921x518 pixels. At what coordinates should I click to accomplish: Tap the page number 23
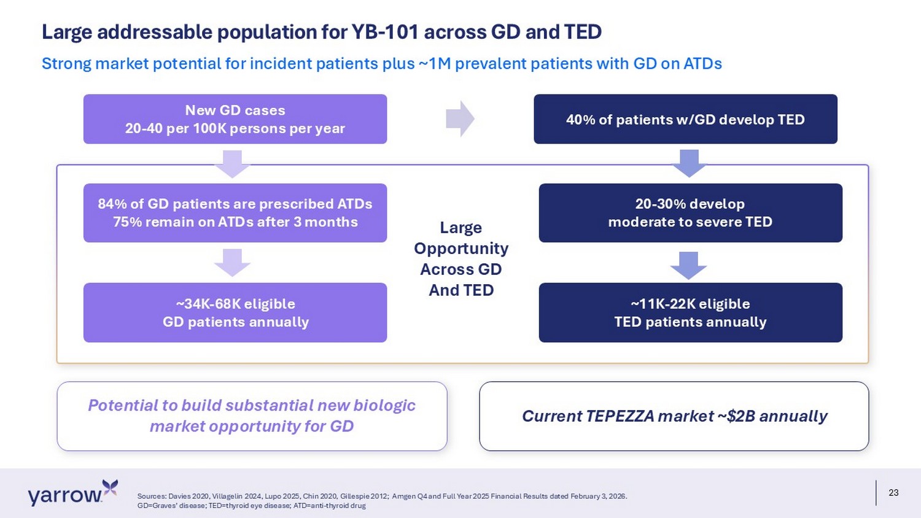coord(893,492)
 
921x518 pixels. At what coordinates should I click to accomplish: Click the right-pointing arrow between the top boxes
coord(460,119)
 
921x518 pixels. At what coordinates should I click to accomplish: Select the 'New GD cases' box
coord(235,119)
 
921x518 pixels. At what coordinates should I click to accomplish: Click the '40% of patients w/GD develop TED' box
coord(685,119)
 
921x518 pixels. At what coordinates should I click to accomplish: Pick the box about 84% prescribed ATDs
coord(235,212)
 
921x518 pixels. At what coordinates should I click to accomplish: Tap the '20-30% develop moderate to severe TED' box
coord(690,212)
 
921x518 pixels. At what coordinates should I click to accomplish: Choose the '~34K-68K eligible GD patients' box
coord(235,312)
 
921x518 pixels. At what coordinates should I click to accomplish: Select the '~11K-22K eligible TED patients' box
coord(690,312)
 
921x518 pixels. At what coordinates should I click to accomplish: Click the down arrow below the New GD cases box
coord(232,164)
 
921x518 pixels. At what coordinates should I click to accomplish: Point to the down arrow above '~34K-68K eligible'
coord(232,263)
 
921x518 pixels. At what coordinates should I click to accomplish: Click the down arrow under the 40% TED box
coord(690,163)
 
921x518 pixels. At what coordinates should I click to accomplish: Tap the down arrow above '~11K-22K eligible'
coord(689,266)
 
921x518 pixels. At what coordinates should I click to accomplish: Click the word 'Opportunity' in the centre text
coord(461,249)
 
